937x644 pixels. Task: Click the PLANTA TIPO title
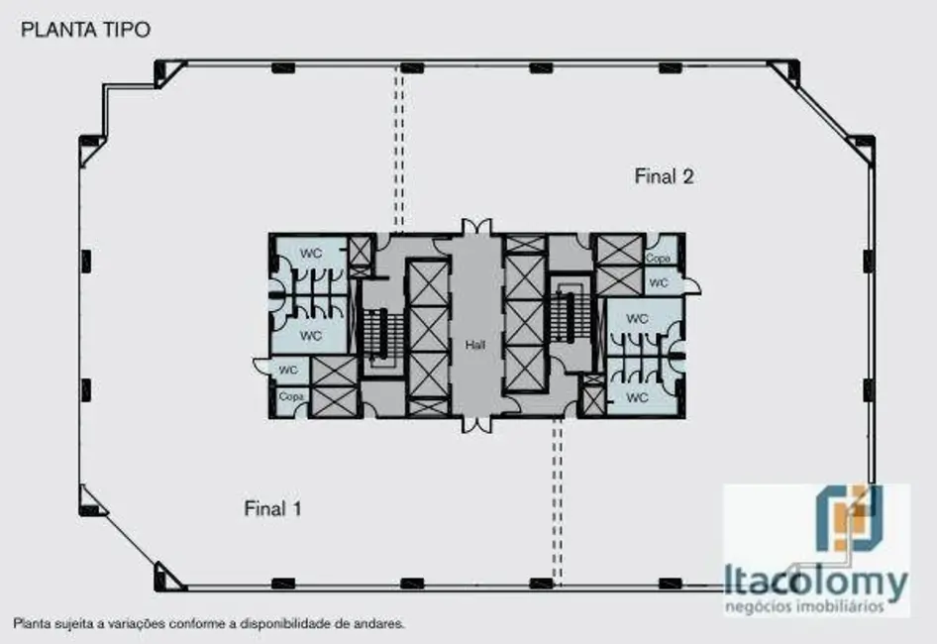click(x=86, y=30)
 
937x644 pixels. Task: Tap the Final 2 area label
click(x=664, y=177)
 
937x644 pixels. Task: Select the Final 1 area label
click(x=272, y=509)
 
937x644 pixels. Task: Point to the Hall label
click(x=475, y=346)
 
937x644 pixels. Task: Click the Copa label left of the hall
click(x=290, y=397)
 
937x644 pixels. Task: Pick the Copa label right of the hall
click(x=658, y=258)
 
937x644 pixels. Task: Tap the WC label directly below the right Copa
click(x=658, y=282)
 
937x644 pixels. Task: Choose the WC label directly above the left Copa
click(x=288, y=371)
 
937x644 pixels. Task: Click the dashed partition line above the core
click(x=400, y=149)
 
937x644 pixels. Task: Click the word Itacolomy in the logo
click(x=815, y=582)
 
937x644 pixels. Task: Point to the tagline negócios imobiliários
click(x=815, y=606)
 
